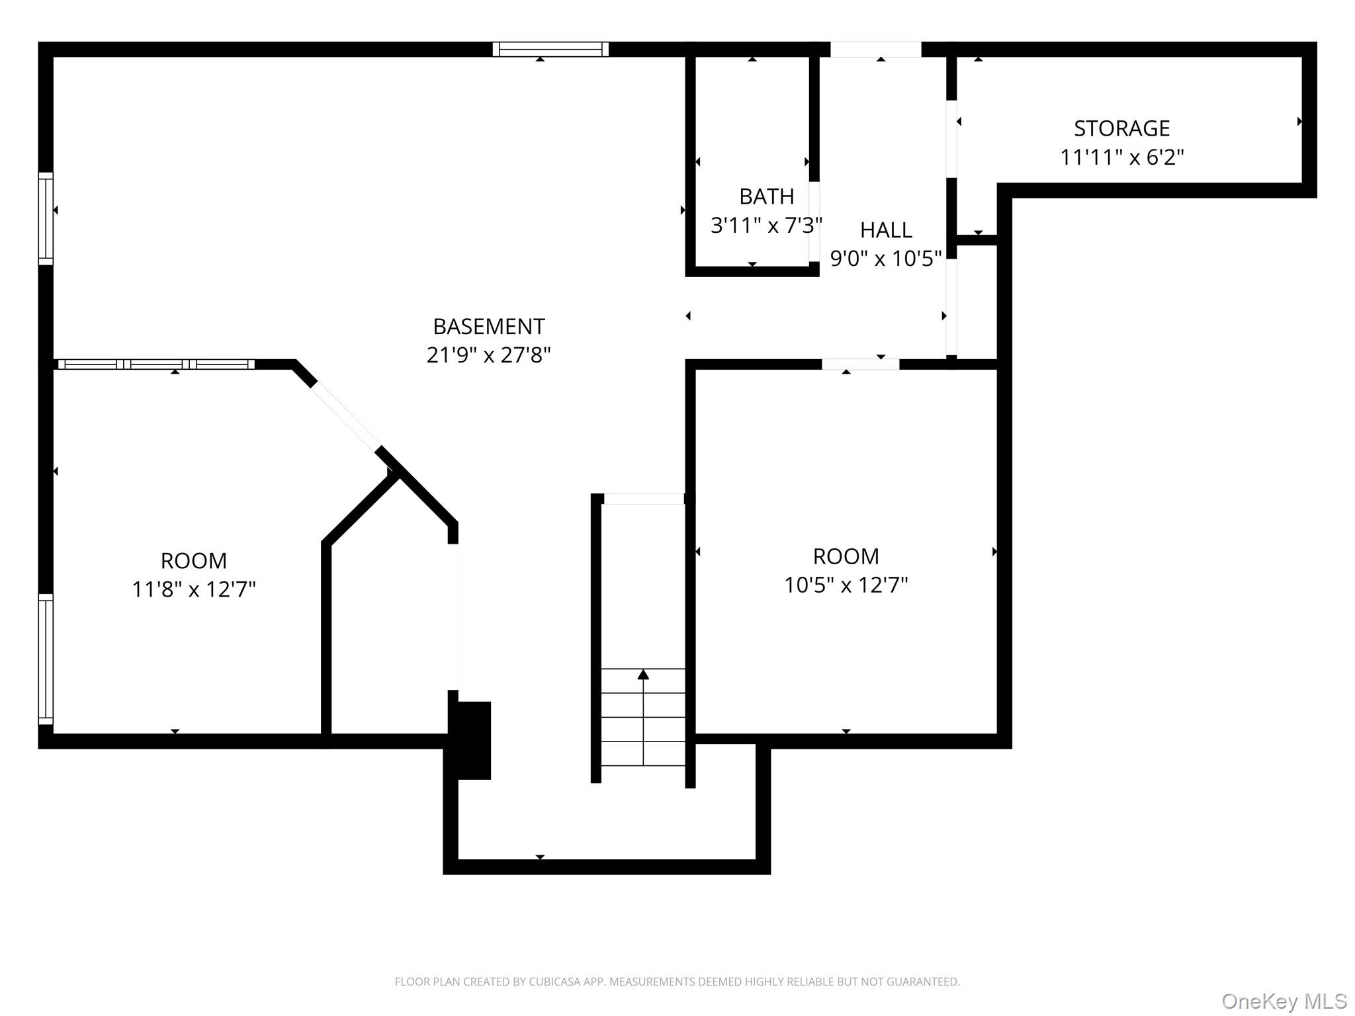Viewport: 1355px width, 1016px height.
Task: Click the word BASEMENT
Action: tap(489, 326)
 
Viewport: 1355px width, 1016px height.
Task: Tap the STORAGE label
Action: tap(1121, 128)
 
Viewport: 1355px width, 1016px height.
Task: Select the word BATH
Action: tap(766, 196)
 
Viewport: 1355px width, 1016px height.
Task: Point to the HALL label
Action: tap(886, 230)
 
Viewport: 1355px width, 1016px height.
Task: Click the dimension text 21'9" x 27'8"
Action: tap(488, 355)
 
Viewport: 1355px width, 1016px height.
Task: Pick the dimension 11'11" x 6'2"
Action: tap(1121, 157)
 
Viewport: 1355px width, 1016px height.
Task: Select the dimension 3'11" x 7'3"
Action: tap(766, 226)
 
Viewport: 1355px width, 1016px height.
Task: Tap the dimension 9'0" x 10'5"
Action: tap(885, 259)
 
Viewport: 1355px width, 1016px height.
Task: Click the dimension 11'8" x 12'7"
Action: tap(193, 589)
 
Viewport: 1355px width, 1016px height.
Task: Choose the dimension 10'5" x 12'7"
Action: tap(846, 585)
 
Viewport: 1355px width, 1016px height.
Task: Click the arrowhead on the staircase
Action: tap(643, 675)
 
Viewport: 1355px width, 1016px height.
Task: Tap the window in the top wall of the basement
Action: tap(550, 49)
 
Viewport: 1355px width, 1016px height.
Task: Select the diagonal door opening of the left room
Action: tap(345, 416)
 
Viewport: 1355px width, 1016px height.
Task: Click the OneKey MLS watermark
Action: tap(1284, 1001)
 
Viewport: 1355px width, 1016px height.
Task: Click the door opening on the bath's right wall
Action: tap(814, 222)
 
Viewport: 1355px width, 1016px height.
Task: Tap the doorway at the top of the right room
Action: tap(860, 364)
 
